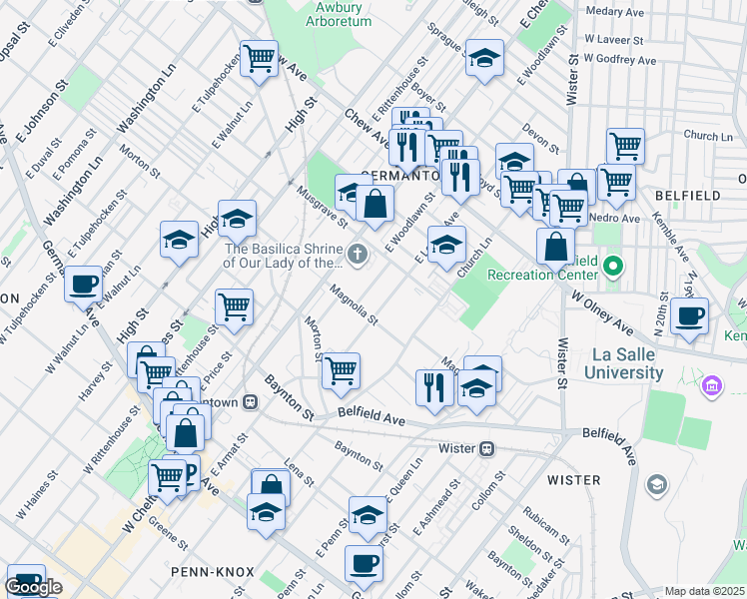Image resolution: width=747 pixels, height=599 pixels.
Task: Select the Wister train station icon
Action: coord(487,449)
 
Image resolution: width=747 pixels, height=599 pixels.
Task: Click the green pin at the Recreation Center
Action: coord(614,267)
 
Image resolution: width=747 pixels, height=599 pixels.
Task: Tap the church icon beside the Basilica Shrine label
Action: coord(358,257)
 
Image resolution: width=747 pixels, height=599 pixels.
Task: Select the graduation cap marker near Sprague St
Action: coord(484,60)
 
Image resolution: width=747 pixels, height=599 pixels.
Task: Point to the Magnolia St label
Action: coord(355,305)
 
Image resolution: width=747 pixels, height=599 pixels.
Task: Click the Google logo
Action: coord(33,587)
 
